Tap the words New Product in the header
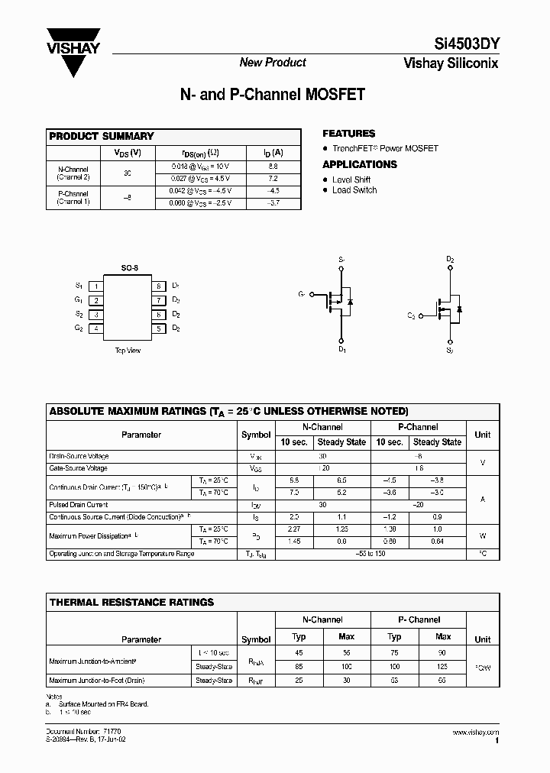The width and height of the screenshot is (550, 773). [273, 63]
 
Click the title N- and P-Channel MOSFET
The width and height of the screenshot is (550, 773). [272, 95]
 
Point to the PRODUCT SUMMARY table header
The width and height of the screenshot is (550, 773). [102, 136]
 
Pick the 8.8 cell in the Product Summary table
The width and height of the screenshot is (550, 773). [275, 165]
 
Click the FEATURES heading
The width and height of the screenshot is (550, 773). [349, 134]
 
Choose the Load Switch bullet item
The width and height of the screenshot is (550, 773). [354, 190]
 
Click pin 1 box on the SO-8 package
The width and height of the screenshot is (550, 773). [95, 286]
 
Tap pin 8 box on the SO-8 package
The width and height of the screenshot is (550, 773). [159, 286]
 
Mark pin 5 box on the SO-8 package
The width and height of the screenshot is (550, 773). [159, 328]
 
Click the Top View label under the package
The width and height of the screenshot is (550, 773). [128, 351]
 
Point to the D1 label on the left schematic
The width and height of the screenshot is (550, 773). [341, 350]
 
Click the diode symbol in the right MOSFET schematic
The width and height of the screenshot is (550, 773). [459, 309]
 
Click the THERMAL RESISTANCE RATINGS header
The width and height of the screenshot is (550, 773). [131, 602]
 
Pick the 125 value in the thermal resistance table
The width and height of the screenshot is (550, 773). [443, 665]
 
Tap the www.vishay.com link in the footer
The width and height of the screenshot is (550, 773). [478, 732]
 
